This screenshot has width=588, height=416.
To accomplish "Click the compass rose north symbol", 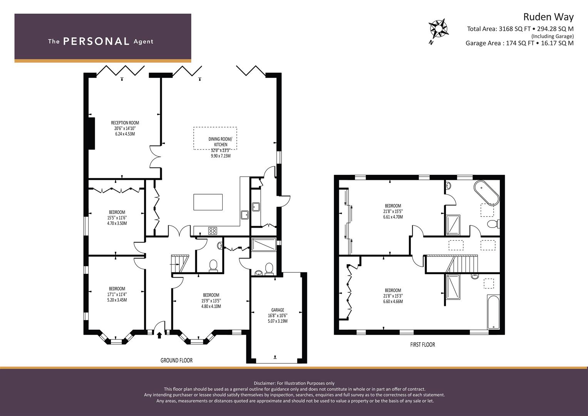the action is click(438, 29).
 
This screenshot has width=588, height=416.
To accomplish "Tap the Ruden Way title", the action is click(548, 17).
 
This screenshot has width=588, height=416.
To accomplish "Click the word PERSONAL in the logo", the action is click(96, 42).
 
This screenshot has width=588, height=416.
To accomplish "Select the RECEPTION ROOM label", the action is click(125, 122).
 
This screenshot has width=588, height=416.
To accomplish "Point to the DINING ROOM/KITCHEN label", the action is click(221, 142).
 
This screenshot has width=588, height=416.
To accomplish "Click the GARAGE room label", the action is click(278, 310).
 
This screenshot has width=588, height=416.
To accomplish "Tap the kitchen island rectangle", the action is click(208, 202).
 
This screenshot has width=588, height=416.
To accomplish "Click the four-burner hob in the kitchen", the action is click(212, 231).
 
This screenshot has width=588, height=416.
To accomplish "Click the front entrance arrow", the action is click(159, 335).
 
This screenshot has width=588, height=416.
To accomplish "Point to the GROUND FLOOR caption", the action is click(176, 360).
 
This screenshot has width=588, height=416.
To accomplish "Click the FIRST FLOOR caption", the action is click(423, 345).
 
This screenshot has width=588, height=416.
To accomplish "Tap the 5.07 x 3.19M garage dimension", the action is click(278, 321).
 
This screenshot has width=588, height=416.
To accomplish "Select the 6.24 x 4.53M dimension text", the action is click(125, 134).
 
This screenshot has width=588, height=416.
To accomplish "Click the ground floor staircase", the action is click(180, 264).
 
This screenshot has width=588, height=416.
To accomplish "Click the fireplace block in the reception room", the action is click(91, 133).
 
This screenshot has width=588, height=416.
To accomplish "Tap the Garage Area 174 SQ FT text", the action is click(500, 43).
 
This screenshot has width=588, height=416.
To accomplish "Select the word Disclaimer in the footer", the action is click(264, 383).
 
